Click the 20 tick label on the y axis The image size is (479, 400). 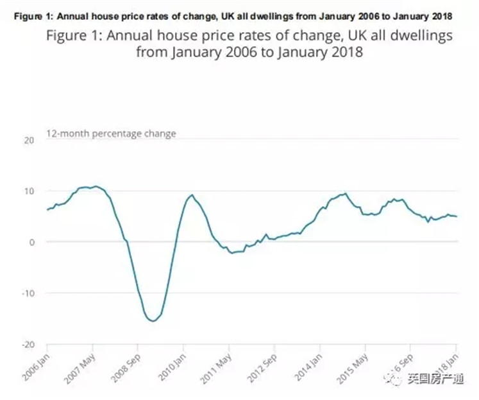pos(28,140)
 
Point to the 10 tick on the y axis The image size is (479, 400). pos(28,191)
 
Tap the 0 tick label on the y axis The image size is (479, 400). pos(31,242)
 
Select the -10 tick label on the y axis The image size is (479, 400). pos(27,293)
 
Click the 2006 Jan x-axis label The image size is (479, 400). pos(39,366)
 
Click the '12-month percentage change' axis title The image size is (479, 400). pos(110,134)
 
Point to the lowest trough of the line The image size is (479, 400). pos(153,321)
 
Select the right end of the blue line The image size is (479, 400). pos(457,216)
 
